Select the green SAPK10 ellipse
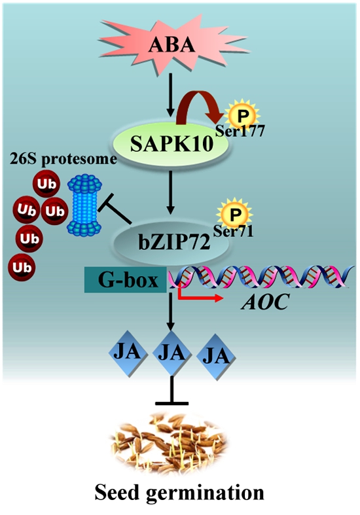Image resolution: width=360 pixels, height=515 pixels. coord(171,145)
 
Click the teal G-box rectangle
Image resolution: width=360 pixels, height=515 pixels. coord(125,279)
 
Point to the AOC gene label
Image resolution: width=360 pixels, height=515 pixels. coord(264,302)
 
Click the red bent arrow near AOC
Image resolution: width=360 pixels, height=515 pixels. coord(197,294)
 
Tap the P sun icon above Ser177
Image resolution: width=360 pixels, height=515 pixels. coord(243,115)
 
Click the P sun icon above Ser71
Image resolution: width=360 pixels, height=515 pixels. coord(234,214)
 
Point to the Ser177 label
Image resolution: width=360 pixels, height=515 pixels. coord(240,132)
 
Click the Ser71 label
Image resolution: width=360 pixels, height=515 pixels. coord(233,231)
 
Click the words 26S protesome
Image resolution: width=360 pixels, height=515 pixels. coord(63,159)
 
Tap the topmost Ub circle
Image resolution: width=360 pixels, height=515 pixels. coord(46,184)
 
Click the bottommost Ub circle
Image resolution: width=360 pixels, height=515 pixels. coord(22,268)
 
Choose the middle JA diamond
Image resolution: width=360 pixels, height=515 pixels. coord(171,353)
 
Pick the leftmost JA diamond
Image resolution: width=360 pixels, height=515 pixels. coord(128,353)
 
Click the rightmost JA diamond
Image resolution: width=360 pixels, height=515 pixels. coord(216,357)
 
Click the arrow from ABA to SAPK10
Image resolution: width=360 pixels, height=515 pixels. coord(170,96)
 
